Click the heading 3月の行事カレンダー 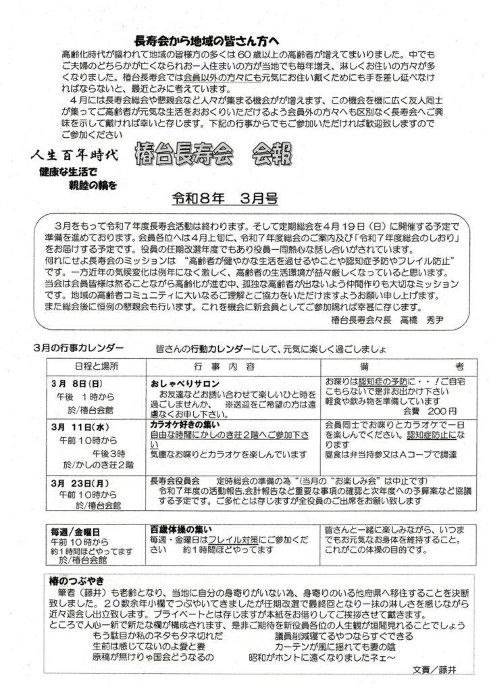[78, 347]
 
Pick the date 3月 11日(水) [81, 427]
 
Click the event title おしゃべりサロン [182, 382]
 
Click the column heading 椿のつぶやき [74, 582]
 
